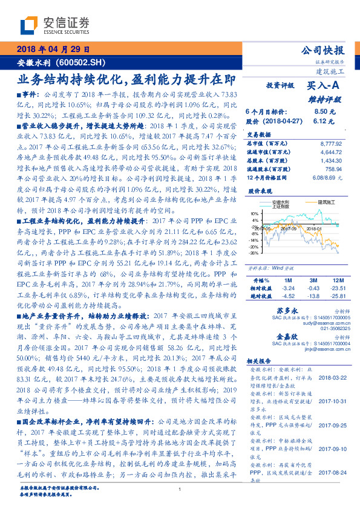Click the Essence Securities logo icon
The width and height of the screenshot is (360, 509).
coord(30,25)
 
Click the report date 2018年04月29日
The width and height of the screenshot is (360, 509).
coord(53,50)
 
